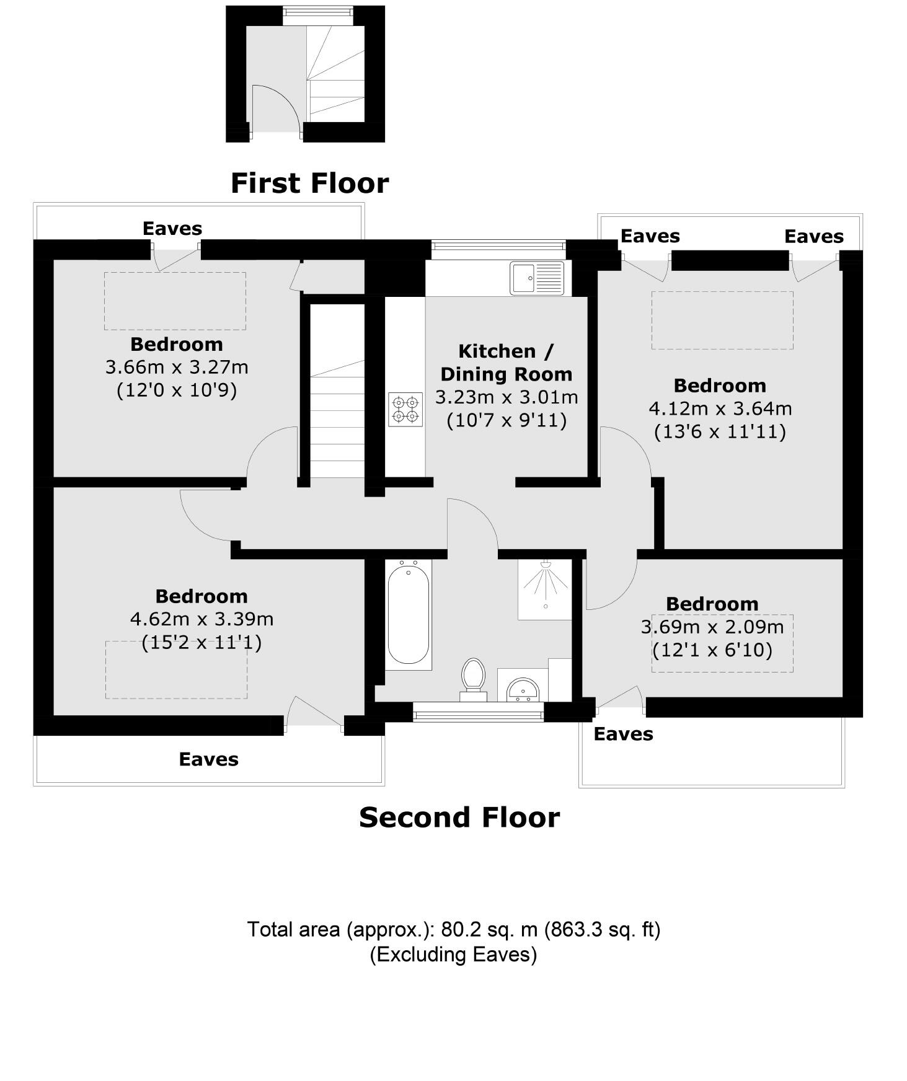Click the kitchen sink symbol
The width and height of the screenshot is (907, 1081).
coord(537,278)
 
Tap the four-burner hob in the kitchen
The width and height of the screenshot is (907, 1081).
coord(405,409)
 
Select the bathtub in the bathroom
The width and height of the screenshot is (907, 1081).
coord(408,614)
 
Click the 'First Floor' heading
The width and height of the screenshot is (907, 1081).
coord(309,183)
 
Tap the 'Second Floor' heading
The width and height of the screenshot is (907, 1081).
coord(459,818)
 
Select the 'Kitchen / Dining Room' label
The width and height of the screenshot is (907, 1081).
coord(506,363)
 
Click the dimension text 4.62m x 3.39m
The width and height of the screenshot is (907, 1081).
coord(201,619)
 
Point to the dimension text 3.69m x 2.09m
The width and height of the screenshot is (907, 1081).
coord(712,627)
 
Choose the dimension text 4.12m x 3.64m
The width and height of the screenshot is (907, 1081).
coord(720,408)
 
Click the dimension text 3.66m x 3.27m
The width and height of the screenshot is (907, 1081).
coord(177,367)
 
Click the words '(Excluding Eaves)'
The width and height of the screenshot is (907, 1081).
coord(453,954)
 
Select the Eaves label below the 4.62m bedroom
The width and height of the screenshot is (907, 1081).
coord(208,759)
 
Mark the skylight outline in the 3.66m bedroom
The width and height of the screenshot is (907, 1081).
coord(175,301)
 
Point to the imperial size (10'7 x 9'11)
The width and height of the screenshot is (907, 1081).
coord(507,421)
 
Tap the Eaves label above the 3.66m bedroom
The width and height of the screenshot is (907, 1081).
coord(172,229)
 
